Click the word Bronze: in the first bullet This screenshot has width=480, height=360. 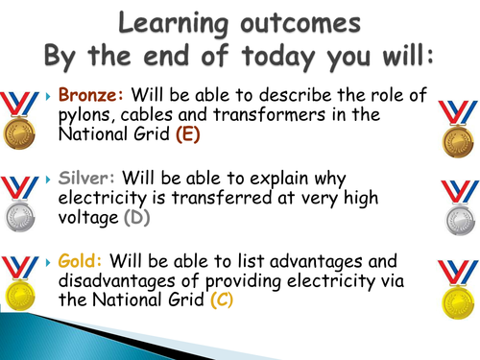pos(87,96)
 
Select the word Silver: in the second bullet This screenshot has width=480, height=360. pos(84,180)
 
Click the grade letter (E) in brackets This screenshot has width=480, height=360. pos(188,134)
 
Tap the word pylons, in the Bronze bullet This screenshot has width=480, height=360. pos(89,115)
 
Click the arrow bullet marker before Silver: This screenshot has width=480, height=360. pos(50,180)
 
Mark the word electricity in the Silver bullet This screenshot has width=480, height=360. pos(103,199)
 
